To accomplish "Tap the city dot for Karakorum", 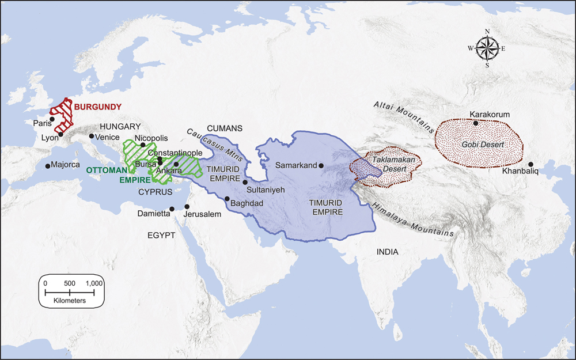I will (475, 123).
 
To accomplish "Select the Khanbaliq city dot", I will (531, 165).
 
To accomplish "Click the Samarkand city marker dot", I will (321, 165).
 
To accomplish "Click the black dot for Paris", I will (52, 119).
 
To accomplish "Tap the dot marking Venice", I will (91, 136).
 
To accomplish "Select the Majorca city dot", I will (47, 166).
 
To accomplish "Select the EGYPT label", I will (160, 235).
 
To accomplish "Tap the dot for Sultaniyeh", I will (245, 182).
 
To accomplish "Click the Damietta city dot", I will (172, 209).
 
